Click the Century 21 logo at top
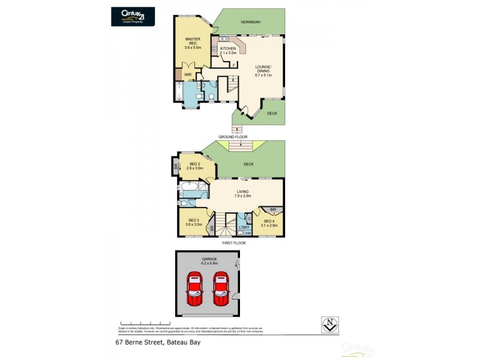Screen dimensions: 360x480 click(x=133, y=16)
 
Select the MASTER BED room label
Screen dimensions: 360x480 click(x=192, y=42)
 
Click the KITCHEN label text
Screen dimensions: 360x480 click(x=228, y=49)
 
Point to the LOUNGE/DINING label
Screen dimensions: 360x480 click(x=263, y=71)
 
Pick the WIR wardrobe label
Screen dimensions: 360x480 click(x=188, y=75)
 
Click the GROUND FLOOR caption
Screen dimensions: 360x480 click(x=233, y=137)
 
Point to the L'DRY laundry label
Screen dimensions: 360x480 click(x=244, y=227)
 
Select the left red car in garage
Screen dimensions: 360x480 click(x=195, y=289)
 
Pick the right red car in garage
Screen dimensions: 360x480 click(x=221, y=289)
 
